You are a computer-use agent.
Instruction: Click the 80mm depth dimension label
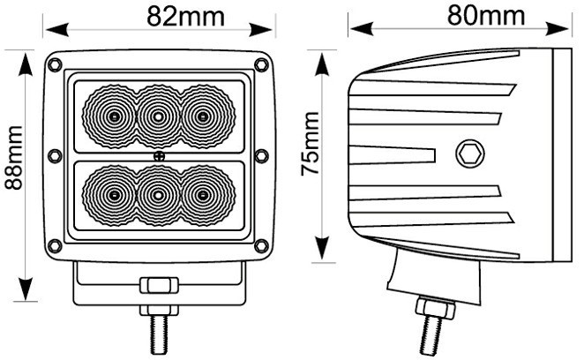tap(486, 15)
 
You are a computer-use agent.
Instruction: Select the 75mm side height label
tap(311, 144)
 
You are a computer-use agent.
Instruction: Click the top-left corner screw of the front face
tap(55, 64)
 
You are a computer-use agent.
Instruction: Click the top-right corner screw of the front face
tap(260, 64)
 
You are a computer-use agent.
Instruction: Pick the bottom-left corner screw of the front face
tap(55, 244)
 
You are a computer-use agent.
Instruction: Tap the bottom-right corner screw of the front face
tap(260, 244)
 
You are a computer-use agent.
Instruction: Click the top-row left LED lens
tap(113, 116)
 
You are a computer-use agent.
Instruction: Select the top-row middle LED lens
tap(158, 116)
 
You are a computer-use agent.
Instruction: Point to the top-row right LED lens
tap(203, 116)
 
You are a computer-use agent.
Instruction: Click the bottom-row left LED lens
tap(113, 194)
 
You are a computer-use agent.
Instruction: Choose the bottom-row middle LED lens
tap(158, 194)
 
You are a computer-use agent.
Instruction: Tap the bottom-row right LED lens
tap(203, 194)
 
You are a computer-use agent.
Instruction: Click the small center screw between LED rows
tap(158, 156)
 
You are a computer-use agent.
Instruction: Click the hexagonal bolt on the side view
tap(468, 154)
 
